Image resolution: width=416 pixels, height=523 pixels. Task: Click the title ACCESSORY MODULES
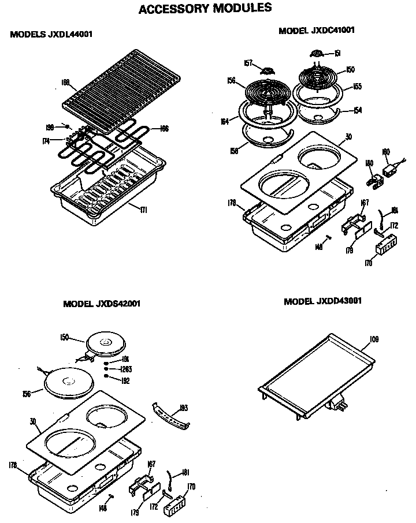pos(205,9)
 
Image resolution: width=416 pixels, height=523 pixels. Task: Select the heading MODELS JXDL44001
pos(51,35)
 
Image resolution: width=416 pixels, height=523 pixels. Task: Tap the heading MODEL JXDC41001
pos(316,31)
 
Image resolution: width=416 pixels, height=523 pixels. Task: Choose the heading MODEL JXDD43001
pos(323,301)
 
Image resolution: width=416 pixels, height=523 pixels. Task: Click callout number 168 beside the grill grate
pos(65,83)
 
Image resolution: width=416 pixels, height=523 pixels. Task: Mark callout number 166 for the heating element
pos(164,129)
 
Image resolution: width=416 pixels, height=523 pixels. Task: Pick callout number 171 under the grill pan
pos(144,209)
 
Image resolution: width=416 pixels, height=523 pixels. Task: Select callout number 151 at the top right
pos(337,54)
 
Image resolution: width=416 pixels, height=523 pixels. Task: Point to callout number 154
pos(358,110)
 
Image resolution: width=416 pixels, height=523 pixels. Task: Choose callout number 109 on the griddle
pos(374,339)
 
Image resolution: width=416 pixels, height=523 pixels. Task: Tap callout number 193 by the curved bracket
pos(184,408)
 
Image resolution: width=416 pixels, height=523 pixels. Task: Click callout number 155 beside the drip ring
pos(357,87)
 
